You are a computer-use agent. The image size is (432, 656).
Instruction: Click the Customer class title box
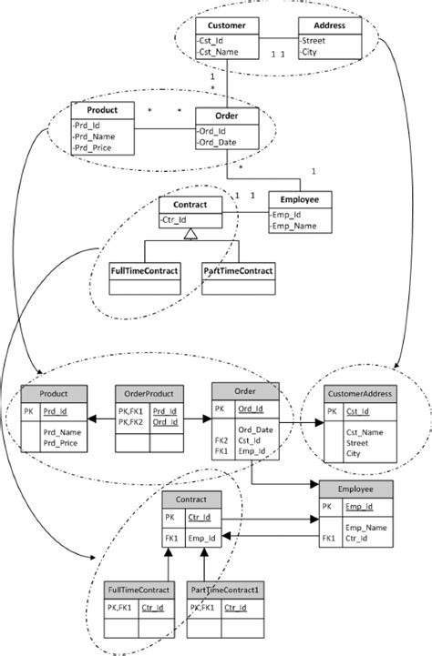227,25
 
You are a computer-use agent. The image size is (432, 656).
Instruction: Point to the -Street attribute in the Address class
315,40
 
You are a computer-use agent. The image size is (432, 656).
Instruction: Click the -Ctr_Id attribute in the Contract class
177,220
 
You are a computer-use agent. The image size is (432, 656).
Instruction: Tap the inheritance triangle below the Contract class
190,236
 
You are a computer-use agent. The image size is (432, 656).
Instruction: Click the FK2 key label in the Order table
221,439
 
